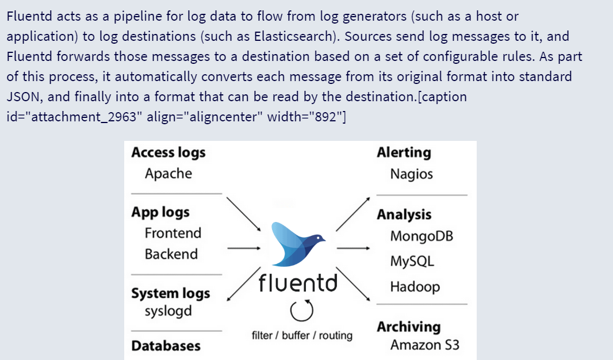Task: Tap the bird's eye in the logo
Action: point(319,238)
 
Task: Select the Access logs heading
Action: point(168,153)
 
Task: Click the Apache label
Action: point(168,174)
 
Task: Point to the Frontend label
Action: point(173,233)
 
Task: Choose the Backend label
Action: point(171,254)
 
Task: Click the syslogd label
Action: point(168,312)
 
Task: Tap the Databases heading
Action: point(166,346)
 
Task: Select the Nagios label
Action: point(412,174)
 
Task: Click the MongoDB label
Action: point(422,236)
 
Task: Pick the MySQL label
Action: point(412,261)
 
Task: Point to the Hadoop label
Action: point(415,287)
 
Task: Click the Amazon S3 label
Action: point(424,344)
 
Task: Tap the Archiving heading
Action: point(408,327)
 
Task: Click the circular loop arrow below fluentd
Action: point(302,311)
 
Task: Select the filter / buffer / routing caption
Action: point(302,335)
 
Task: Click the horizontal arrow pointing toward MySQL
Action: point(353,248)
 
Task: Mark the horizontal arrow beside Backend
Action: point(244,248)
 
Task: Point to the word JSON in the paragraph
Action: point(24,97)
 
